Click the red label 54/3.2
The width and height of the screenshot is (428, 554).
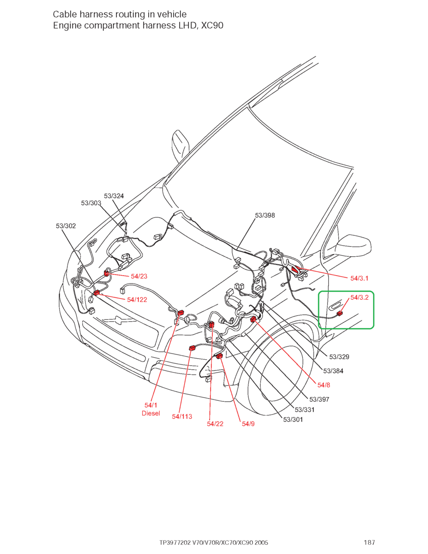[x=359, y=297]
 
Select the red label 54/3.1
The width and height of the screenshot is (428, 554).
[x=359, y=278]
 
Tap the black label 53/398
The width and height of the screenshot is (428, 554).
[x=265, y=215]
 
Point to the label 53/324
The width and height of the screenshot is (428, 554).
[x=114, y=196]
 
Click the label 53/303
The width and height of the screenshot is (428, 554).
[x=91, y=203]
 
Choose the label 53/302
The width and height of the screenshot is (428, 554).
[x=66, y=226]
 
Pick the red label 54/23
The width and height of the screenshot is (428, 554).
[x=139, y=276]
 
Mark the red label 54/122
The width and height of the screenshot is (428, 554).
[x=137, y=300]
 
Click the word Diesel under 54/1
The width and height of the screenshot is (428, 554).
[x=151, y=413]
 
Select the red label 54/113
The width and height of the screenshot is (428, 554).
[x=182, y=416]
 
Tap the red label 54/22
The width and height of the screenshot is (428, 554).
[x=215, y=423]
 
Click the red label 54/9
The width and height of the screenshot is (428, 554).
[x=248, y=423]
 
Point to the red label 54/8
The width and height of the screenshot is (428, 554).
[x=324, y=384]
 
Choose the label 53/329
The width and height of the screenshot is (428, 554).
[x=339, y=357]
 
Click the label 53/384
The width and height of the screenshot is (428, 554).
[x=333, y=371]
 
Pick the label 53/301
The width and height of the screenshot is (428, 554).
[x=293, y=419]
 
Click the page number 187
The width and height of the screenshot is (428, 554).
[x=369, y=542]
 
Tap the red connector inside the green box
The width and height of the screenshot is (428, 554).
[x=340, y=313]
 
